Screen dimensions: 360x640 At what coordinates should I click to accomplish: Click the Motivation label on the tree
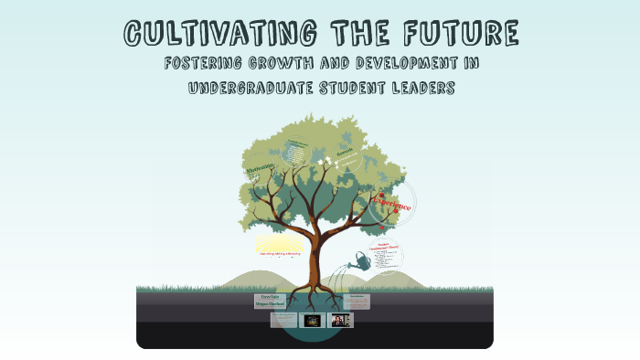coord(260,171)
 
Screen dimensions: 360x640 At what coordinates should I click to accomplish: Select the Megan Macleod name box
coord(271,305)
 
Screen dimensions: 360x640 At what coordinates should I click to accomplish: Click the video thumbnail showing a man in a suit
coord(341,321)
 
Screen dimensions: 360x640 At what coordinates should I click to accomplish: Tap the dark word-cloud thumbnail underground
coord(313,321)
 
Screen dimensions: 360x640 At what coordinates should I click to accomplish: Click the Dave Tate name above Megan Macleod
coord(271,297)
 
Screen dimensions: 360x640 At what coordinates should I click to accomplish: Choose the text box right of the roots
coord(358,302)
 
